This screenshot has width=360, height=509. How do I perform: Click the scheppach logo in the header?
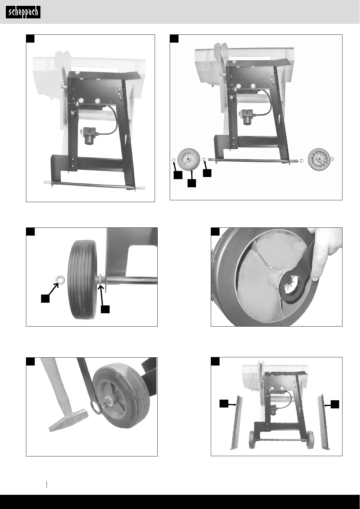[x=23, y=12]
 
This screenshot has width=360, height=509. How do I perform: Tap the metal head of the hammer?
[x=69, y=420]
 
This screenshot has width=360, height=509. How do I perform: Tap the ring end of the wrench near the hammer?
[x=96, y=408]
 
